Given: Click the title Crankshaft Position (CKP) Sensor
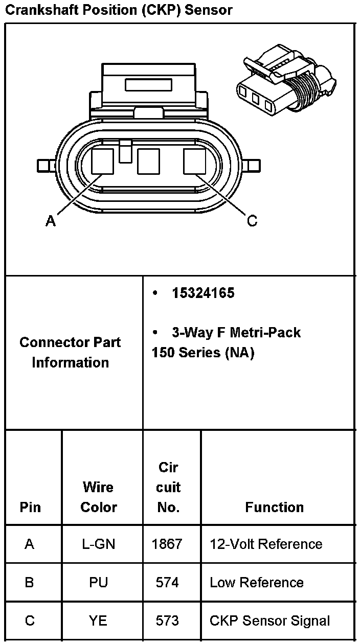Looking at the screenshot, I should click(118, 10).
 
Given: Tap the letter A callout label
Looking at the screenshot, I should click(50, 221).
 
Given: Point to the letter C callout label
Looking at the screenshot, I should click(252, 221).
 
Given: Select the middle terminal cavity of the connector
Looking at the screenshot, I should click(149, 161).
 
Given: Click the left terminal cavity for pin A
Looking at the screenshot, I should click(103, 161).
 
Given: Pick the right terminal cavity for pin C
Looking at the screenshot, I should click(195, 161).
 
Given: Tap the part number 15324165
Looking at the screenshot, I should click(203, 293).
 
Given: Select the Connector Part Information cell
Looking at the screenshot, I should click(70, 352).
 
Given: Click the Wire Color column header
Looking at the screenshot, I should click(99, 497).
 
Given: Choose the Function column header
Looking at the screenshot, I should click(275, 507).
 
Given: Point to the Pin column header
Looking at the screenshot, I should click(30, 507).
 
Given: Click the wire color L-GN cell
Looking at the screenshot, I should click(99, 544).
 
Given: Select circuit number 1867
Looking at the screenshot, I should click(167, 544).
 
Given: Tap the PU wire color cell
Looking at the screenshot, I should click(99, 582).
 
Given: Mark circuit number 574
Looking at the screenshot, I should click(167, 582).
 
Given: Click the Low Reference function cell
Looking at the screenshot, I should click(257, 582).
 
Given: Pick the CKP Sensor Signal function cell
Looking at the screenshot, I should click(269, 620).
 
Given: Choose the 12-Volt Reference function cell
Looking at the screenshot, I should click(266, 544).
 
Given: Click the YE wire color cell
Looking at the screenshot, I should click(99, 620).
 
